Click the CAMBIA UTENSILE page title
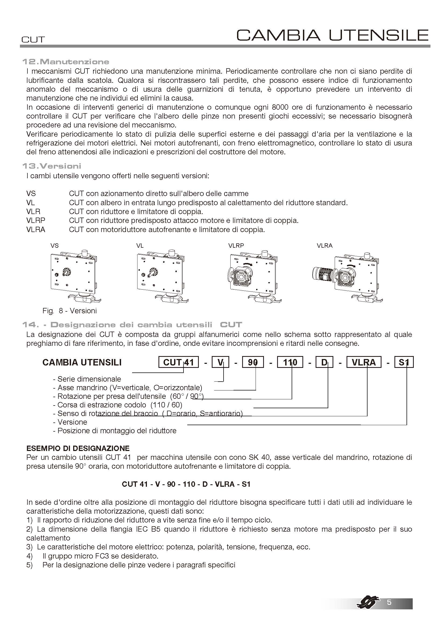point(332,35)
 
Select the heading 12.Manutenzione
point(66,62)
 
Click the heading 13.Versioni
point(52,166)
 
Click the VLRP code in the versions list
point(36,220)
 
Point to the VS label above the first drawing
point(55,246)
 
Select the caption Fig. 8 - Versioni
point(70,311)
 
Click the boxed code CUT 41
point(178,363)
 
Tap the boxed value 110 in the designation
point(290,363)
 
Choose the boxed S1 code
point(404,363)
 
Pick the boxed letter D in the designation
point(324,363)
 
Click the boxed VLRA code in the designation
point(364,363)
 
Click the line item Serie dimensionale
point(87,379)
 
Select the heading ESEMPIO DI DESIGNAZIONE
point(78,449)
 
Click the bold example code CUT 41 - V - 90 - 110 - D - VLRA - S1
point(186,484)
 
